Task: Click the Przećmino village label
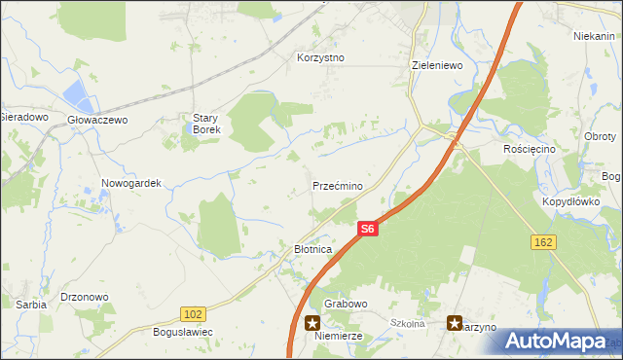pyautogui.click(x=338, y=185)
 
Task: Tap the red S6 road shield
pyautogui.click(x=366, y=230)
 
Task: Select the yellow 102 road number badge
pyautogui.click(x=192, y=312)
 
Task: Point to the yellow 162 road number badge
pyautogui.click(x=543, y=239)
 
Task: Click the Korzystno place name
pyautogui.click(x=320, y=57)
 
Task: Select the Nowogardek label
pyautogui.click(x=130, y=182)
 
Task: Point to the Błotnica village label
pyautogui.click(x=313, y=250)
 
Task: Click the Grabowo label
pyautogui.click(x=346, y=304)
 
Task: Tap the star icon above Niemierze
pyautogui.click(x=312, y=322)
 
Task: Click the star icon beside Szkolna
pyautogui.click(x=455, y=322)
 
